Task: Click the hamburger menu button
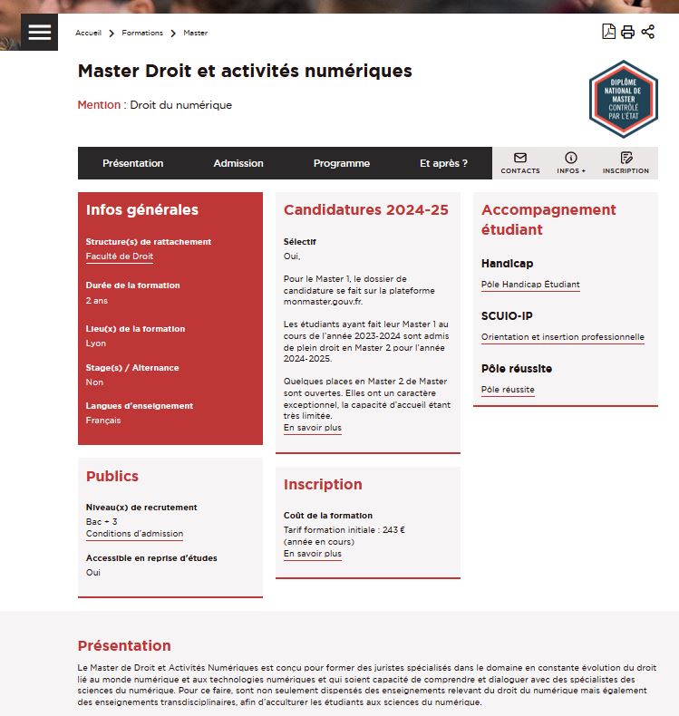[x=39, y=32]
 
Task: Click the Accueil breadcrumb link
[x=88, y=33]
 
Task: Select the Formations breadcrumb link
[x=142, y=33]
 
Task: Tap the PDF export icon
[x=608, y=32]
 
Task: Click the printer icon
[x=627, y=32]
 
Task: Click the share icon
[x=647, y=32]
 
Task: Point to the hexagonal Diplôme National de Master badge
[x=623, y=99]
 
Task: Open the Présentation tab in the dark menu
[x=132, y=163]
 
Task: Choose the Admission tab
[x=238, y=163]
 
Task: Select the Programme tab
[x=342, y=163]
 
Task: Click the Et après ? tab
[x=443, y=163]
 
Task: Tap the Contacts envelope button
[x=520, y=163]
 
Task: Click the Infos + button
[x=571, y=163]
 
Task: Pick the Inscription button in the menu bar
[x=626, y=163]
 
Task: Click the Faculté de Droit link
[x=120, y=256]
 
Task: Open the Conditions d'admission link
[x=134, y=534]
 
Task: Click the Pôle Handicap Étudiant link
[x=530, y=285]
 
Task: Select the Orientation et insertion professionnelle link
[x=563, y=337]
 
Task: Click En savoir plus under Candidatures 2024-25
[x=313, y=428]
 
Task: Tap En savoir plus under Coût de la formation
[x=313, y=554]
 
